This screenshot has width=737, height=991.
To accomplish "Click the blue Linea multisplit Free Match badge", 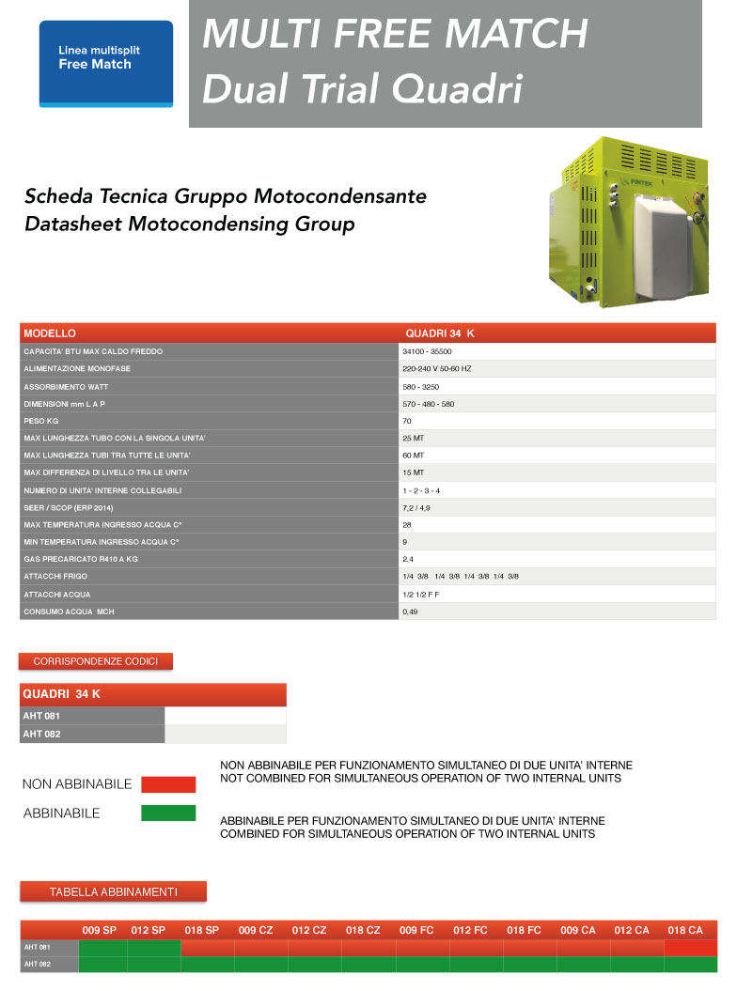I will point(106,63).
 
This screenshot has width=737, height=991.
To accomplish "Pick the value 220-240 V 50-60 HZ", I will point(436,369).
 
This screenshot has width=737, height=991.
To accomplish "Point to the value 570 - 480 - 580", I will point(428,404).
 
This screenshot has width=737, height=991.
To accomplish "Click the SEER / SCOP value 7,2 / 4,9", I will point(416,508).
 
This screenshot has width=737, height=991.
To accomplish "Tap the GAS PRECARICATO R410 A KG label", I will point(81,560).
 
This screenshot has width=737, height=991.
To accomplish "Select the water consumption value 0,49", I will point(411,612).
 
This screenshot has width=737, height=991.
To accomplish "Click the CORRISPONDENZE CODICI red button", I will point(96,661).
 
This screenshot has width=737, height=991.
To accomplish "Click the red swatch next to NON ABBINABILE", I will point(168,784).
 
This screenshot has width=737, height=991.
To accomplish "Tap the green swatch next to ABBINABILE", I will point(168,813).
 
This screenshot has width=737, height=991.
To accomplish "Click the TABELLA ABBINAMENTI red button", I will point(113,891).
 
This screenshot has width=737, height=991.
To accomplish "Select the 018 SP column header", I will point(202,930).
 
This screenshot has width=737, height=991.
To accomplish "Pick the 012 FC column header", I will point(470,930).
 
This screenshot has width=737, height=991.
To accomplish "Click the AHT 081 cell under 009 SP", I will point(102,948).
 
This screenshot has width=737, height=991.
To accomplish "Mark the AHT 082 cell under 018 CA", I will point(690,965).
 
